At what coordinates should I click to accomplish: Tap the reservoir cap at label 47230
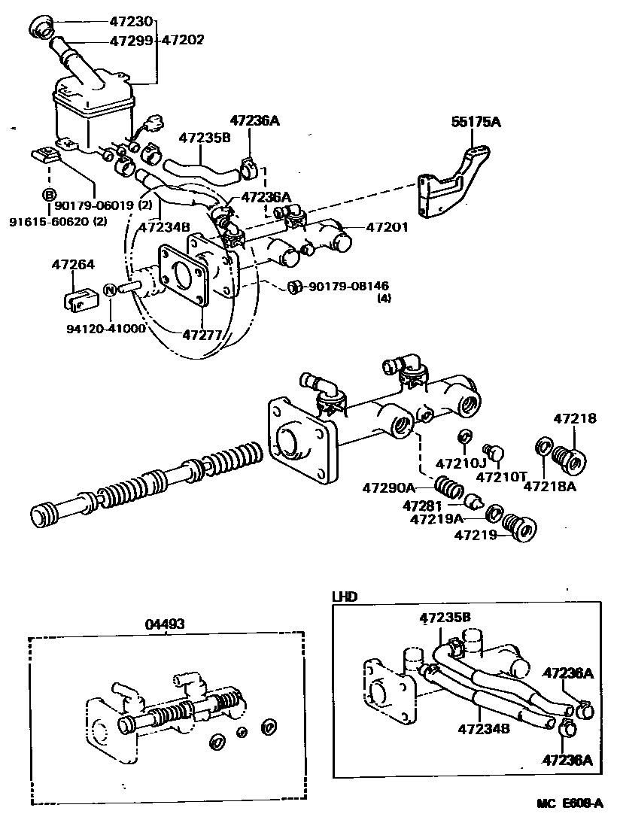tap(41, 29)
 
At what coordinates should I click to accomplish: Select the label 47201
tap(387, 226)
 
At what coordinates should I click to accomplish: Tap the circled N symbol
tap(109, 289)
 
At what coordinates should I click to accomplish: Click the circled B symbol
tap(48, 195)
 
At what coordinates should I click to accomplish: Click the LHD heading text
tap(345, 596)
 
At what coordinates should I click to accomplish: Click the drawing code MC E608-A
tap(570, 803)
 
